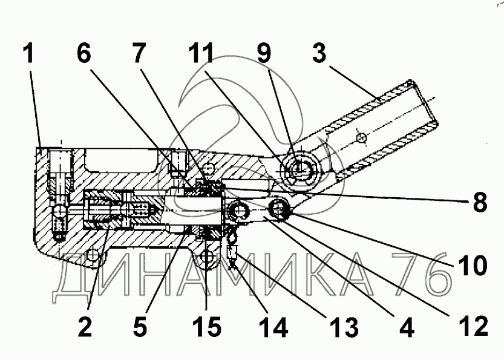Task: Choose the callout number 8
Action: pyautogui.click(x=480, y=203)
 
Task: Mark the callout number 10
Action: pyautogui.click(x=471, y=264)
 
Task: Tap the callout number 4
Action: pyautogui.click(x=406, y=327)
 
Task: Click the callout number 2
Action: pyautogui.click(x=84, y=327)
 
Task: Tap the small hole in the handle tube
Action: pyautogui.click(x=361, y=139)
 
